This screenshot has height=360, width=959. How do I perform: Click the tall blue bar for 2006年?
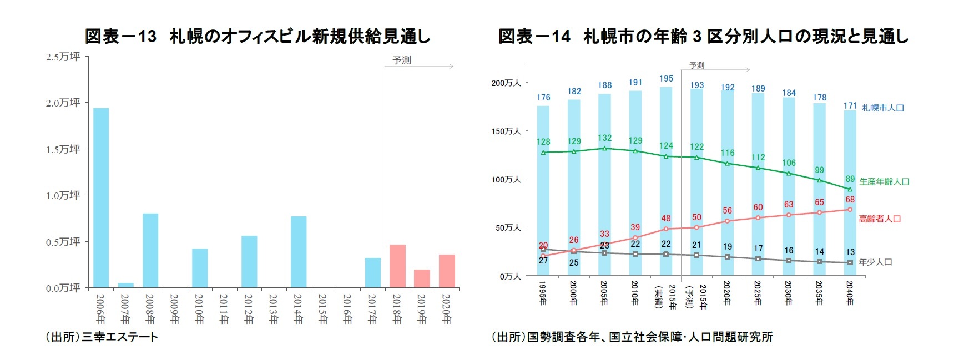click(x=101, y=197)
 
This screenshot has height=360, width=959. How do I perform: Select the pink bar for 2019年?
click(x=422, y=278)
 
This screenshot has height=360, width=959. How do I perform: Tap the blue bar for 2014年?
click(x=299, y=252)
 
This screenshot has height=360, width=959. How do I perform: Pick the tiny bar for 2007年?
click(x=125, y=285)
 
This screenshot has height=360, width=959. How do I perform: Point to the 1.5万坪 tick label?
click(x=63, y=149)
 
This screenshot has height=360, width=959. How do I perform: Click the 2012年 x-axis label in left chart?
click(x=249, y=309)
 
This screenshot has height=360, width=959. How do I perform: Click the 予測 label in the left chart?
click(x=402, y=60)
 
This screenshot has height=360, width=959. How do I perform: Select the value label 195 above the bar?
click(x=666, y=79)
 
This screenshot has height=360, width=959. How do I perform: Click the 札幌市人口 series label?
click(x=882, y=108)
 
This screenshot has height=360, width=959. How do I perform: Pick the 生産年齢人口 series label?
click(x=884, y=181)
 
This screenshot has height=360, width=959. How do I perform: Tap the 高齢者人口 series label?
click(x=880, y=219)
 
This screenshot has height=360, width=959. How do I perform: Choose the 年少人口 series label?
click(x=875, y=262)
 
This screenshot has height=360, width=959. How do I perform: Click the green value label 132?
click(x=604, y=138)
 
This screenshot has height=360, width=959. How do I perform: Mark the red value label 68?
click(x=850, y=200)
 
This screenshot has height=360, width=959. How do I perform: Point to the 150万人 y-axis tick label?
click(x=506, y=131)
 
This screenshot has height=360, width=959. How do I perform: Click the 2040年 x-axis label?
click(x=850, y=293)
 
